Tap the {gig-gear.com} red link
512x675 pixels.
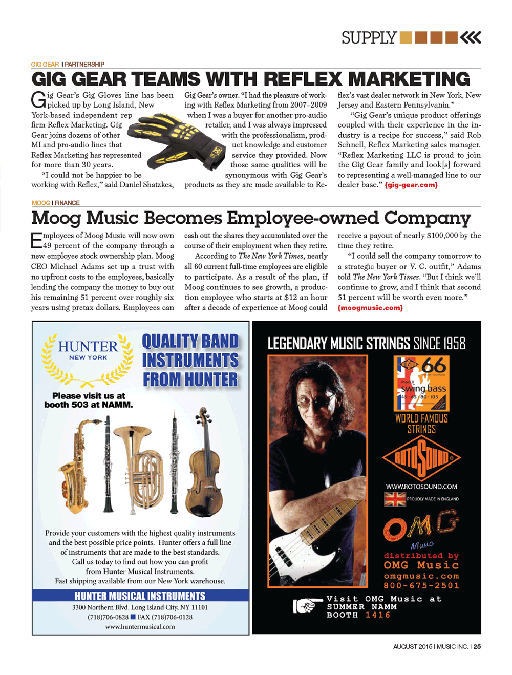pos(411,185)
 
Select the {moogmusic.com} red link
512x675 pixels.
pos(370,308)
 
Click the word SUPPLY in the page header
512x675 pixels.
pos(369,38)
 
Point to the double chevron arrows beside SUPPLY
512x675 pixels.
pos(471,37)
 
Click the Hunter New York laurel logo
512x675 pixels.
pos(88,358)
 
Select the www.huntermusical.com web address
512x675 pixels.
pos(140,626)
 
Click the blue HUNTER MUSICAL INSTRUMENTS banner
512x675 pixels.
pos(140,596)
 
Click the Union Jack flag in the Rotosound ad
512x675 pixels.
pos(395,499)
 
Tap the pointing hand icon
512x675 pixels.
pos(305,606)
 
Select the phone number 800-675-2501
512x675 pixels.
pos(421,585)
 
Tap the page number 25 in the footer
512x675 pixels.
pos(477,647)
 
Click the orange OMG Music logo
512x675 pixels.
pos(420,529)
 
